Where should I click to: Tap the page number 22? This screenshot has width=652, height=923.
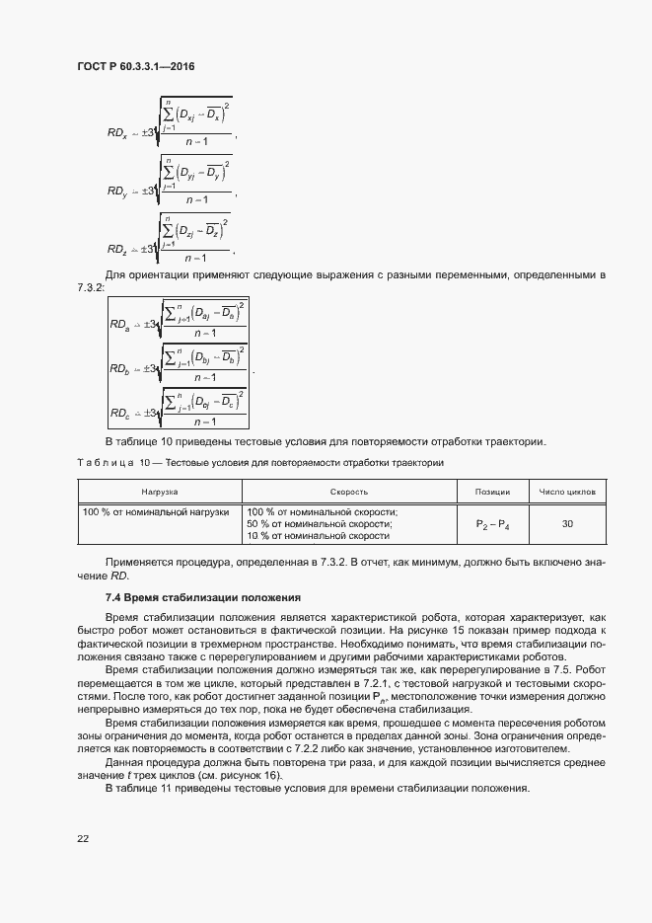pyautogui.click(x=83, y=838)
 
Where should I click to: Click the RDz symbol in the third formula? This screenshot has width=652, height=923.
pyautogui.click(x=117, y=250)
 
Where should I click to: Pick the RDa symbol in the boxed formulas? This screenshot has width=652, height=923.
pyautogui.click(x=120, y=324)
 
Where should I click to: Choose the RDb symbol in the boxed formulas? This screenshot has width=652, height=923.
pyautogui.click(x=120, y=368)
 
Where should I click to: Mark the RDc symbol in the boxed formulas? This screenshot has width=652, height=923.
pyautogui.click(x=120, y=414)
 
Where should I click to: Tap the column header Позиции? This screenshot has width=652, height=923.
pyautogui.click(x=492, y=491)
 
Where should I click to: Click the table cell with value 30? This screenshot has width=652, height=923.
pyautogui.click(x=567, y=524)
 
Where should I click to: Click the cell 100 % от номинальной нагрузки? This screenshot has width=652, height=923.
pyautogui.click(x=157, y=512)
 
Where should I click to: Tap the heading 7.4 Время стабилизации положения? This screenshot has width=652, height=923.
pyautogui.click(x=195, y=598)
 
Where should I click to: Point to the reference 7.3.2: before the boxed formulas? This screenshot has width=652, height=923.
pyautogui.click(x=92, y=285)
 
